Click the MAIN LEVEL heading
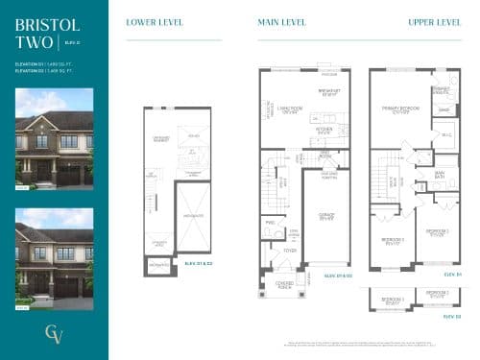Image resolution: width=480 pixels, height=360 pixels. pyautogui.click(x=282, y=22)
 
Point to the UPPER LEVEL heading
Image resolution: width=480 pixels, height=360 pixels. pyautogui.click(x=434, y=22)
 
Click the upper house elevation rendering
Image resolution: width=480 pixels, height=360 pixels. pyautogui.click(x=54, y=138)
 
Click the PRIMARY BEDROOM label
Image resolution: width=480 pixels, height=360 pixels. pyautogui.click(x=395, y=108)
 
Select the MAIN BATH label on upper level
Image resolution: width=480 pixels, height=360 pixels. pyautogui.click(x=440, y=175)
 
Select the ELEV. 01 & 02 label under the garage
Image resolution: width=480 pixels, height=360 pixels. pyautogui.click(x=338, y=275)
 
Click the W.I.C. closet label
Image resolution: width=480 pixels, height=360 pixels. pyautogui.click(x=446, y=133)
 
